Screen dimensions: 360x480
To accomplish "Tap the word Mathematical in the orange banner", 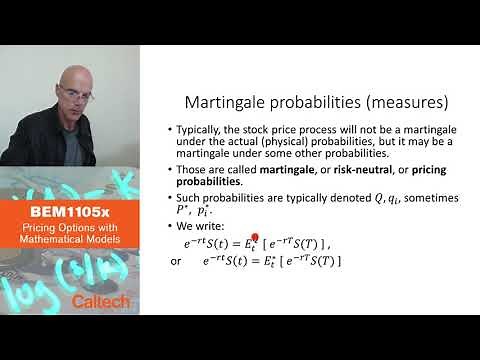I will [70, 241].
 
